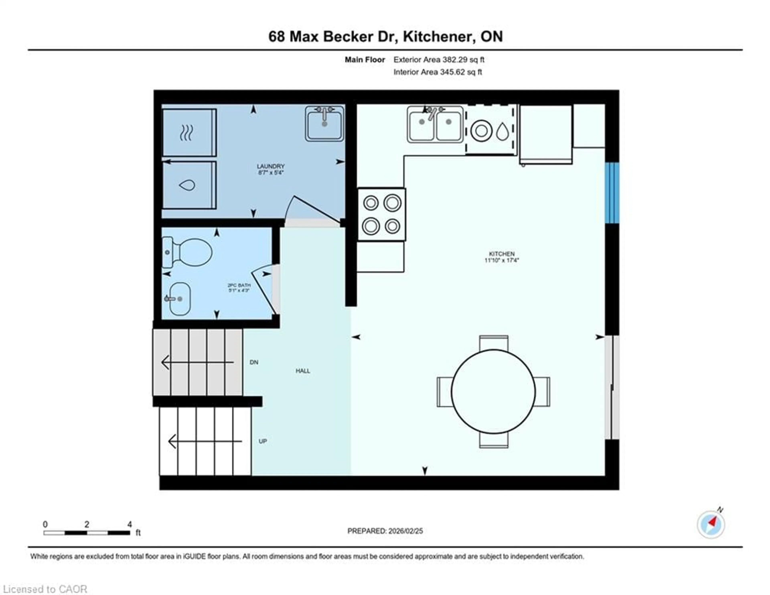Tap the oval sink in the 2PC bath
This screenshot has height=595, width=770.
point(180,299)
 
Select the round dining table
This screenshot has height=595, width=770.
point(493,391)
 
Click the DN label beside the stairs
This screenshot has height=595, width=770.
point(254,362)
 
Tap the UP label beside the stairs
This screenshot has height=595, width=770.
point(263,441)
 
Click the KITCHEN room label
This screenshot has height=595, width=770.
point(501,254)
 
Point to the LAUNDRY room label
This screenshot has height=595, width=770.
point(271,166)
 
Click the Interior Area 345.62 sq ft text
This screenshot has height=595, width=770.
point(438,72)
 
